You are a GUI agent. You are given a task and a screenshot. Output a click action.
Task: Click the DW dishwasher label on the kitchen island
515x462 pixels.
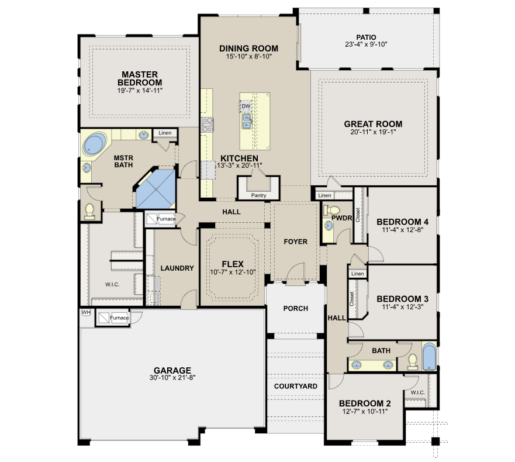point(246,106)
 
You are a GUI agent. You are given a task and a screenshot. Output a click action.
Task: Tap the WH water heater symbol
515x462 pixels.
point(86,312)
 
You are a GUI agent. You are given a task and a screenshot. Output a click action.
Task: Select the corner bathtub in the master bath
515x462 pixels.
point(95,144)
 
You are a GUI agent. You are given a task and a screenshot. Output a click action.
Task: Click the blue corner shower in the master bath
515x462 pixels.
point(155,189)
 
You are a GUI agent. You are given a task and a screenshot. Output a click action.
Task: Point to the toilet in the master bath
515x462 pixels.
point(89,211)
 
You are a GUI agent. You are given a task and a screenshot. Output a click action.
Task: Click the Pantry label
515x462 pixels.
point(258,195)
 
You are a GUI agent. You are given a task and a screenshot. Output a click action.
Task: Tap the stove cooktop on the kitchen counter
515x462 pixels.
point(208,125)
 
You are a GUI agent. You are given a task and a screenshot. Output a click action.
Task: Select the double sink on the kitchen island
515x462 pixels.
point(247,122)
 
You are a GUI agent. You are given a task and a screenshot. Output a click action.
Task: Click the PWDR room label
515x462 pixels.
point(341,218)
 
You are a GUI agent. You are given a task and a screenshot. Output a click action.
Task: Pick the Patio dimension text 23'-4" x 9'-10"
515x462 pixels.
point(366,44)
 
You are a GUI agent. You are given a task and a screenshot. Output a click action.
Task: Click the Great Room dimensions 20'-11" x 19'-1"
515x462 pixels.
point(373,132)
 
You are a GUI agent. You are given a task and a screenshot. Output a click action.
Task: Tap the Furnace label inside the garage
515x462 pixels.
point(119,318)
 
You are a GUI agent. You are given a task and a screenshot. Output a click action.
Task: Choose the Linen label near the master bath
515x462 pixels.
point(165,133)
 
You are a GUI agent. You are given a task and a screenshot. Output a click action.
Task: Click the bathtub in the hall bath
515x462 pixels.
point(429,357)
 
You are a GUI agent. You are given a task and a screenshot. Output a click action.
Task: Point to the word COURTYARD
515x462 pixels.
point(296,386)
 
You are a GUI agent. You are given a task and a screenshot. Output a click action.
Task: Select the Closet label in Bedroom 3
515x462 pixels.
point(352,299)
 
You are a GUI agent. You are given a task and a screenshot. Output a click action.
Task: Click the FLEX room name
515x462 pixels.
point(233,264)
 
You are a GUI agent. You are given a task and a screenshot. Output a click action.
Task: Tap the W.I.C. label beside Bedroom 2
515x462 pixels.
point(418,392)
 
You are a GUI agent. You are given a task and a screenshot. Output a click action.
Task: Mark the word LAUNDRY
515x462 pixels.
point(177,268)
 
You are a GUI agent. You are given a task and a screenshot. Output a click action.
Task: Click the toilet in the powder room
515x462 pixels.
point(331,209)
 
